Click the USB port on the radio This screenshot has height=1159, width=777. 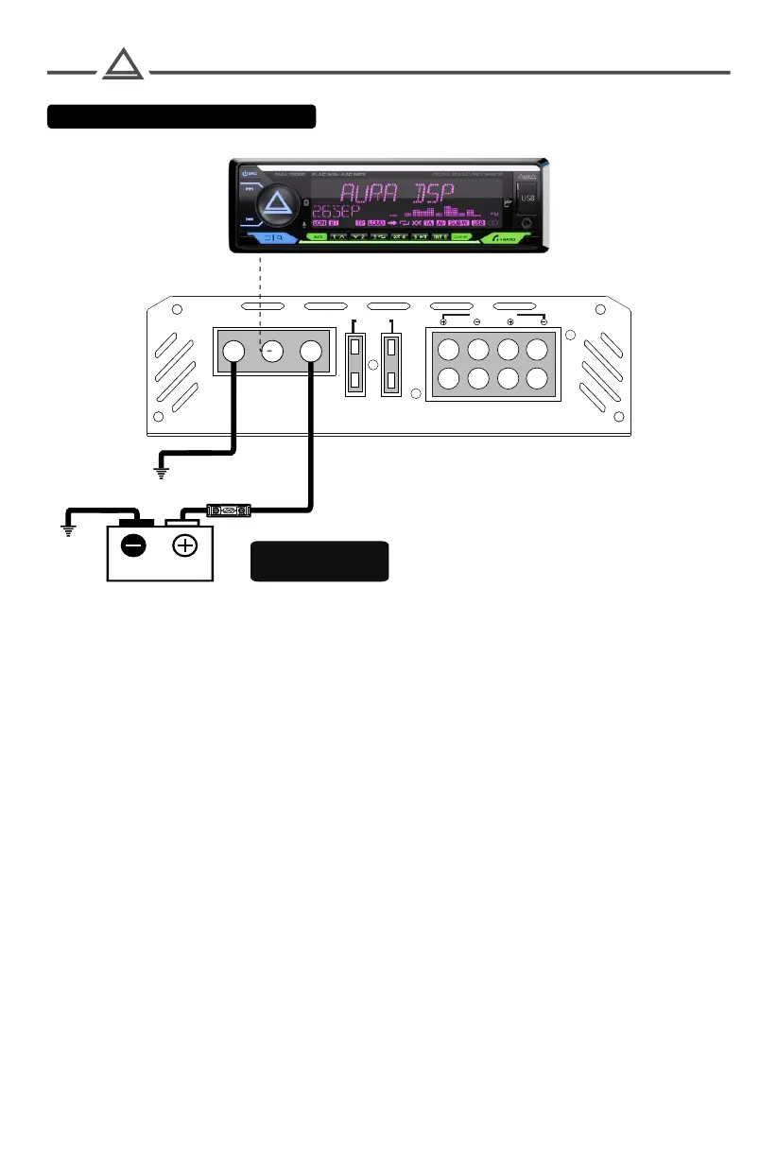pyautogui.click(x=526, y=199)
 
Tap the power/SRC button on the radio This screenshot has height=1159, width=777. pyautogui.click(x=250, y=173)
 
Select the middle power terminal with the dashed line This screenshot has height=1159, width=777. pyautogui.click(x=273, y=352)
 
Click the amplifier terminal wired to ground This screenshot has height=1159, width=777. pyautogui.click(x=233, y=352)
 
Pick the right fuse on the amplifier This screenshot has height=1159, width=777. pyautogui.click(x=391, y=364)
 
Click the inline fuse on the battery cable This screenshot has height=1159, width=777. pyautogui.click(x=228, y=511)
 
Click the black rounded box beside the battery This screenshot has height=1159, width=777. pyautogui.click(x=319, y=561)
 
